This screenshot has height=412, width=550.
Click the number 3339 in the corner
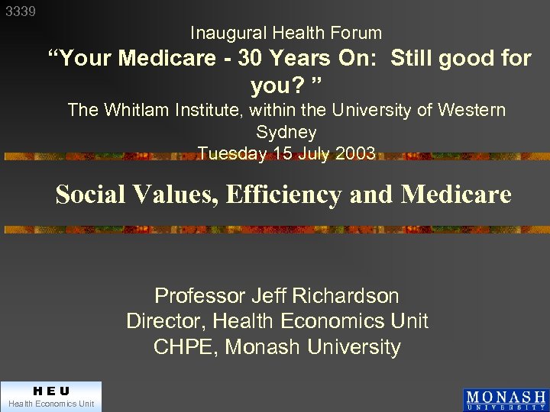[x=20, y=12]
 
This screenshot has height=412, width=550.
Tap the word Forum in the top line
[x=358, y=33]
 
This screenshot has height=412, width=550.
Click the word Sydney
[x=286, y=132]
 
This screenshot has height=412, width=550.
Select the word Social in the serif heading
[x=85, y=195]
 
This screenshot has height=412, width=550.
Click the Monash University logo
[x=505, y=399]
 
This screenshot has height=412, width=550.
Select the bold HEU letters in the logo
[x=51, y=391]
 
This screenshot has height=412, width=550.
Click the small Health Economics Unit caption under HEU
[x=51, y=404]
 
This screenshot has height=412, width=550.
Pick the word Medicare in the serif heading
[x=456, y=195]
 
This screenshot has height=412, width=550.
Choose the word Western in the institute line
[x=471, y=110]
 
